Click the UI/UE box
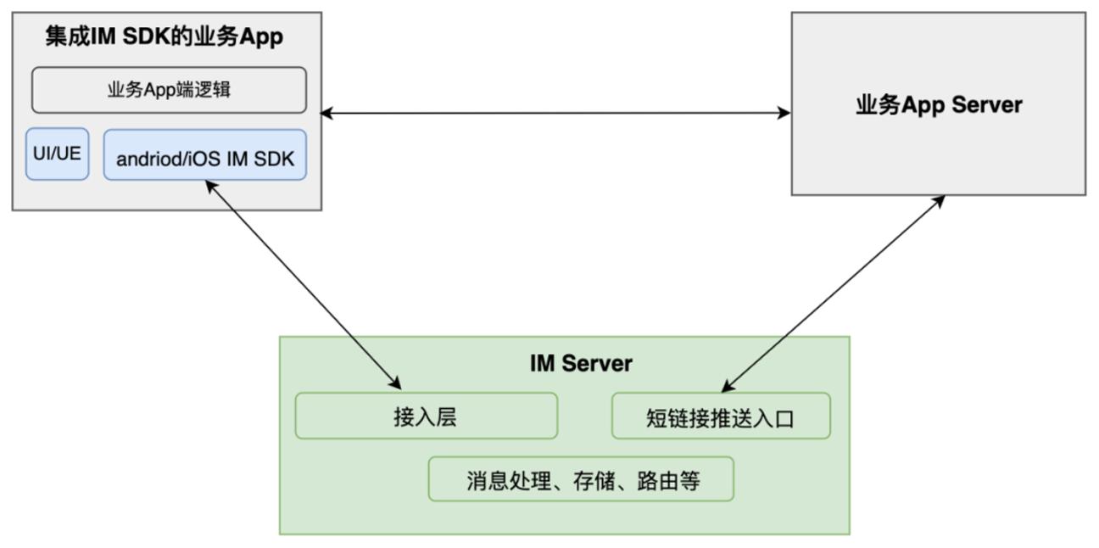click(58, 154)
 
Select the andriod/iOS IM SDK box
click(205, 155)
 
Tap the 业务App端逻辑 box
click(170, 90)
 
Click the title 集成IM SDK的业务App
click(165, 36)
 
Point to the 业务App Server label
click(939, 105)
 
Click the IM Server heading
click(581, 364)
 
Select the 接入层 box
click(427, 416)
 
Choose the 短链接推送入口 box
click(721, 416)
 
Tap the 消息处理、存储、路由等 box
click(582, 479)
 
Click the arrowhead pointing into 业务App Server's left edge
click(784, 114)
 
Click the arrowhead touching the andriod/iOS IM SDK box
click(211, 187)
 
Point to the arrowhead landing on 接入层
click(395, 383)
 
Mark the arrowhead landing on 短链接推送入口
click(728, 386)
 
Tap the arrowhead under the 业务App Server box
click(939, 201)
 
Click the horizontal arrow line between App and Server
click(556, 114)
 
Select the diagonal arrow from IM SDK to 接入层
click(304, 285)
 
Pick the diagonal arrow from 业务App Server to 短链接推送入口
click(833, 294)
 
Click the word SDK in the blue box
click(274, 159)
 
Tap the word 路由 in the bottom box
click(657, 481)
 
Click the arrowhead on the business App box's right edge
click(326, 114)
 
